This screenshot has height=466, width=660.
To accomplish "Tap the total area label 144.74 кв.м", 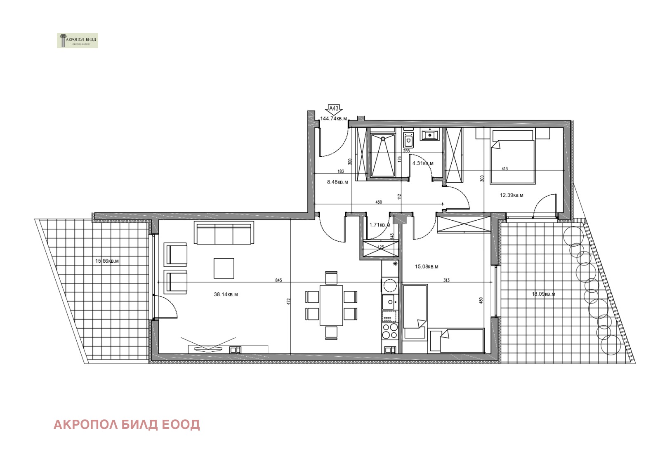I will pos(333,119).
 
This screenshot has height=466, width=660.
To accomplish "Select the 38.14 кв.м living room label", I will pos(226,294).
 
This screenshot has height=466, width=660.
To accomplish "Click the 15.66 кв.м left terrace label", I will pos(107,261).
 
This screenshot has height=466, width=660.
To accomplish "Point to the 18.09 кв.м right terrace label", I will pos(543,294).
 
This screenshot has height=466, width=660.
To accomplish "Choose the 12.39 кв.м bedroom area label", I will pos(511,195).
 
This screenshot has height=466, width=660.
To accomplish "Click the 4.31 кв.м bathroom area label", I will pos(423,163).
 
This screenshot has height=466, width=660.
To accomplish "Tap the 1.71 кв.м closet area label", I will pos(379,225).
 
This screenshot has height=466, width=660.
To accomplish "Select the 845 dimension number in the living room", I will pos(278,280).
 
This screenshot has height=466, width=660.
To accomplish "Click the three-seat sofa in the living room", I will pos(224,234).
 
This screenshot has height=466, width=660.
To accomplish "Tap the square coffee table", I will pos(224,268).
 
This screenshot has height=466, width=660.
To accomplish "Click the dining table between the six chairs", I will pos(331,305).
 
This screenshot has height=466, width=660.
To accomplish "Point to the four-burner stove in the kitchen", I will pos(390,331).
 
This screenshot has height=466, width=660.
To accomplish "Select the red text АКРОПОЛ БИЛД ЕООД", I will pos(127,424).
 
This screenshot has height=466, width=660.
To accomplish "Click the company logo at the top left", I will pos(78,40).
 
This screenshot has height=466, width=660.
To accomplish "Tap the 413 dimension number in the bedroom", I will pos(504,169).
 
